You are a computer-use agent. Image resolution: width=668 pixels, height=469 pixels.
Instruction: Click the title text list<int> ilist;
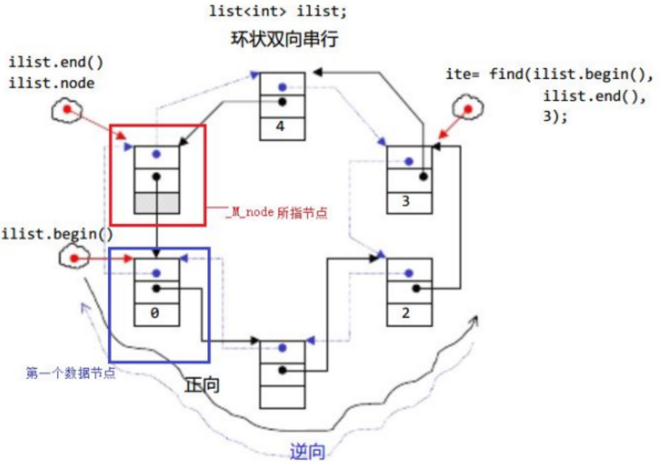278,11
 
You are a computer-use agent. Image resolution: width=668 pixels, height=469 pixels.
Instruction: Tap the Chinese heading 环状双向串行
285,39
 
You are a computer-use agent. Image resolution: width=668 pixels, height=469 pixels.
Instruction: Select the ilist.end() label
56,62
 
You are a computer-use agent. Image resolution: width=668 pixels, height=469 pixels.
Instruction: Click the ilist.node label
52,83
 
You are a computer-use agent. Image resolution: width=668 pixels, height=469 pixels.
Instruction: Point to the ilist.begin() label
57,234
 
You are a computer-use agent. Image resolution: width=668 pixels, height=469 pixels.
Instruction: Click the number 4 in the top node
281,126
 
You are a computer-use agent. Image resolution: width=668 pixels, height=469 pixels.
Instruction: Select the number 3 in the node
406,202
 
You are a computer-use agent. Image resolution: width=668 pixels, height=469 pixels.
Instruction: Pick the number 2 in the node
406,313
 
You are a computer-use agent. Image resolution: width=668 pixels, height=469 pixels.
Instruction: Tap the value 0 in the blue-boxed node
155,313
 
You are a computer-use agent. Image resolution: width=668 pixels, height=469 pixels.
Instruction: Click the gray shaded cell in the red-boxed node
157,203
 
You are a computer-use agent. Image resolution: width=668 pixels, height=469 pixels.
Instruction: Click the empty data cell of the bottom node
282,397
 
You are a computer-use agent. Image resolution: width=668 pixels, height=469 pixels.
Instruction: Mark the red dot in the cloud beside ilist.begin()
74,259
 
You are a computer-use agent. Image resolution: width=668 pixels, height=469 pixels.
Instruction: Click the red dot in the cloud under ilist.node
67,110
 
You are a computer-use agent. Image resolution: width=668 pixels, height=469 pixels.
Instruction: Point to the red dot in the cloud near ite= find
468,109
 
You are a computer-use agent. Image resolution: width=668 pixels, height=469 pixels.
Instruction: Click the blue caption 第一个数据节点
71,373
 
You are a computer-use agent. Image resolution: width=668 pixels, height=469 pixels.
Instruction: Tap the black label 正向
202,385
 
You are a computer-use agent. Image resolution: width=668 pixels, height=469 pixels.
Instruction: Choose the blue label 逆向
307,452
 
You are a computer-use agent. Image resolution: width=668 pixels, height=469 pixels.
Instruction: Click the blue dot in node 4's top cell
282,87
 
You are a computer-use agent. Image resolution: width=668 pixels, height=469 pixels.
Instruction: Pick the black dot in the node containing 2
416,289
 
